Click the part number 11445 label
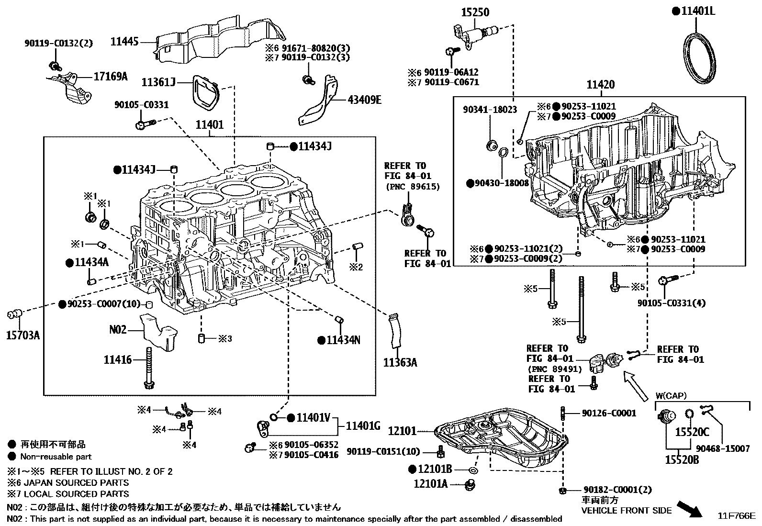click(x=124, y=42)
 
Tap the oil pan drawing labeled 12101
click(x=500, y=438)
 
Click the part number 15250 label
click(x=475, y=12)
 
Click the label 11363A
click(x=400, y=363)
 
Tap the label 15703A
click(x=22, y=335)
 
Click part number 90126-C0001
click(x=609, y=413)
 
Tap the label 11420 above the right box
click(x=601, y=85)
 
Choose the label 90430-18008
click(x=502, y=183)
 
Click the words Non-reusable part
click(x=56, y=457)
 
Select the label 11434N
click(x=343, y=340)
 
